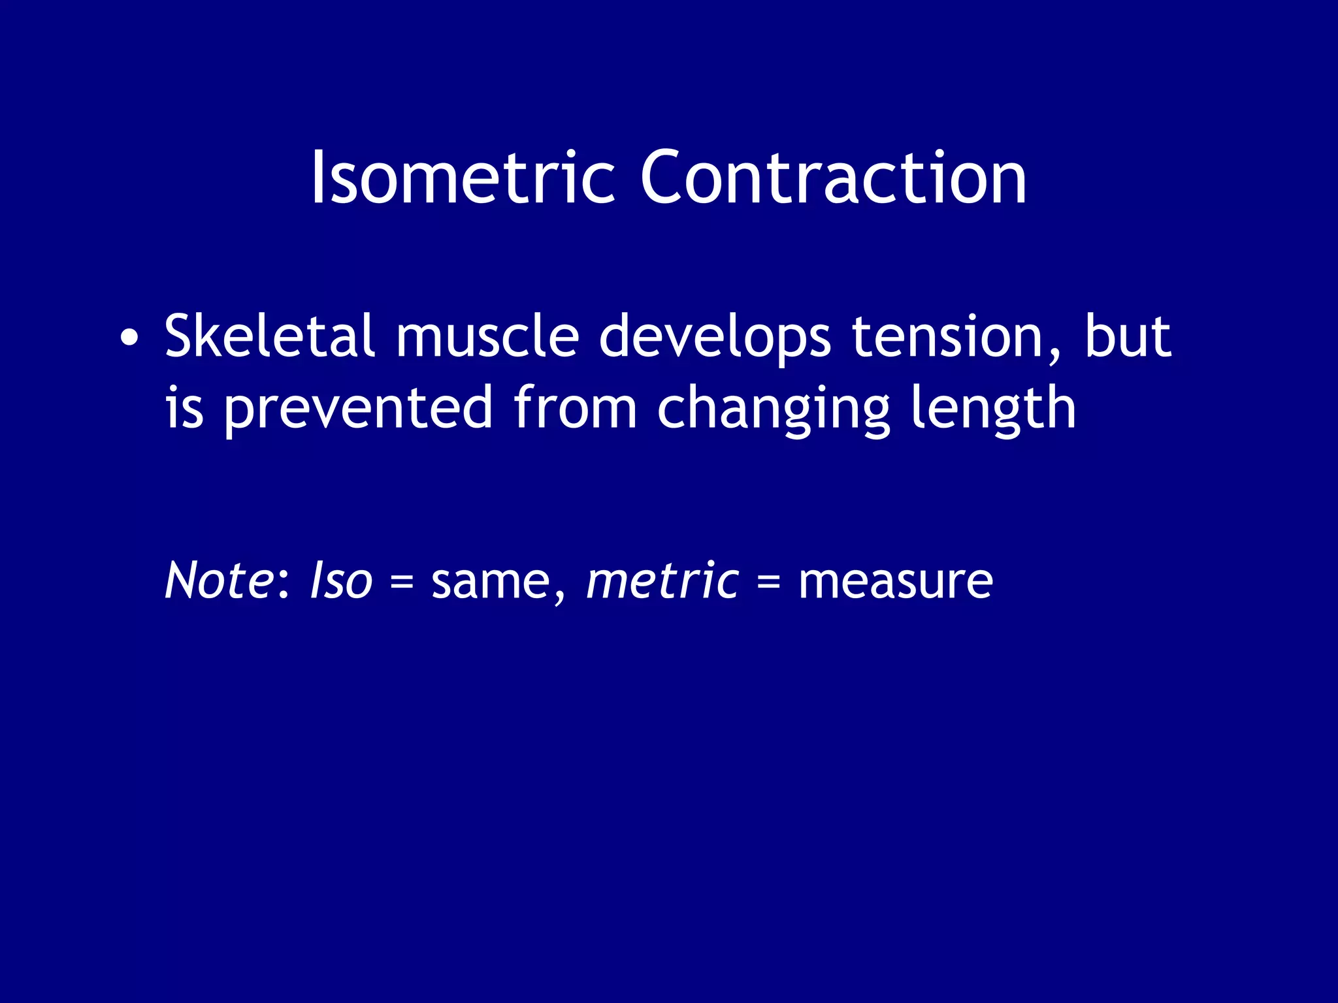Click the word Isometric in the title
coord(463,178)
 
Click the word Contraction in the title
coord(832,178)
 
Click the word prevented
coord(358,409)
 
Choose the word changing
coord(774,410)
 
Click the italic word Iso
coord(340,580)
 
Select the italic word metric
coord(662,580)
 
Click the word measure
coord(895,581)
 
